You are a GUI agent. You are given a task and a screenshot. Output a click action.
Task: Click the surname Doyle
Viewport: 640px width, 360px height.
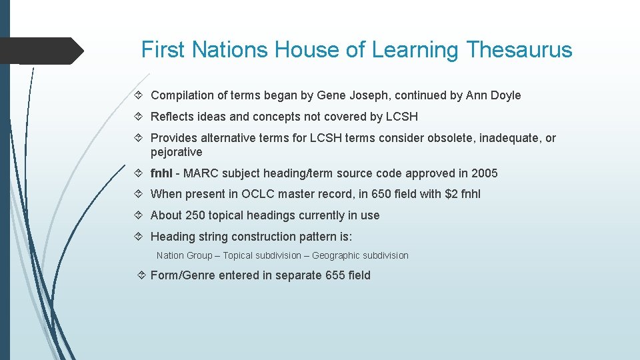[x=505, y=95]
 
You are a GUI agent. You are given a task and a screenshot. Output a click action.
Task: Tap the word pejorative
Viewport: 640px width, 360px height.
[x=176, y=152]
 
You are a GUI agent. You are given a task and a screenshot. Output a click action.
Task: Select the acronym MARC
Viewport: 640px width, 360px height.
[x=200, y=173]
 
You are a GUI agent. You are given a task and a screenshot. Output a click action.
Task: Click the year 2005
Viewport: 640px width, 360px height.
[x=484, y=173]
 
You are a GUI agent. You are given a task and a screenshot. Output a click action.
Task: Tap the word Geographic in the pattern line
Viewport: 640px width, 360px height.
[x=336, y=255]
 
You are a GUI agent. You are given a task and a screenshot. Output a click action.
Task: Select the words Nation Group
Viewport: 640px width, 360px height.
[x=184, y=255]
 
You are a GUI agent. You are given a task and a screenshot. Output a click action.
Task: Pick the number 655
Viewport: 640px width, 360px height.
[x=335, y=275]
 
